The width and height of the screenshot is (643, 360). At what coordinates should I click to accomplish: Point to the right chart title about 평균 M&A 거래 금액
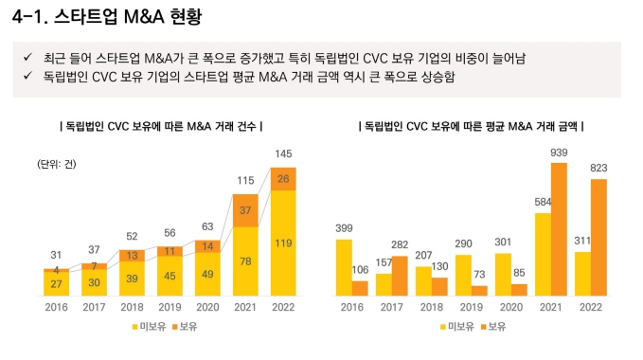click(x=471, y=125)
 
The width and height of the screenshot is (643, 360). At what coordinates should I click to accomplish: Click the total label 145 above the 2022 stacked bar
click(x=283, y=154)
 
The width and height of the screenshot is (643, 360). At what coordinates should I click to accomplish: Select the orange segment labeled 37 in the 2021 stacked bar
click(x=246, y=210)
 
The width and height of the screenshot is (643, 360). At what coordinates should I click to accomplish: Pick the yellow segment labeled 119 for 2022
click(x=283, y=243)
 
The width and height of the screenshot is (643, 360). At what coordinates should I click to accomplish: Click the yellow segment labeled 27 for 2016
click(x=56, y=284)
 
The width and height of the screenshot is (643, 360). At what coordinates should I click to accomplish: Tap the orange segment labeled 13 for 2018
click(x=132, y=256)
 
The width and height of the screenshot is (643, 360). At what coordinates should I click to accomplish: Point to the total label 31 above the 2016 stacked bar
click(x=56, y=254)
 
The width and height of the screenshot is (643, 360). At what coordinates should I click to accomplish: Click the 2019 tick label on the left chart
click(x=170, y=306)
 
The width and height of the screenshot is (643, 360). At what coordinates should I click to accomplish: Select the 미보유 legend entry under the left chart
click(x=145, y=327)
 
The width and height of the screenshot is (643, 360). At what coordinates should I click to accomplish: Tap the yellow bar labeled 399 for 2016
click(x=344, y=267)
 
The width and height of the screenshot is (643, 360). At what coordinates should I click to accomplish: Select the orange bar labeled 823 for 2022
click(x=598, y=237)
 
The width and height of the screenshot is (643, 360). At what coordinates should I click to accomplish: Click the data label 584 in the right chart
click(x=543, y=202)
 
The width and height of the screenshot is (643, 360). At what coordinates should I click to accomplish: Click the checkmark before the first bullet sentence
click(x=28, y=59)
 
